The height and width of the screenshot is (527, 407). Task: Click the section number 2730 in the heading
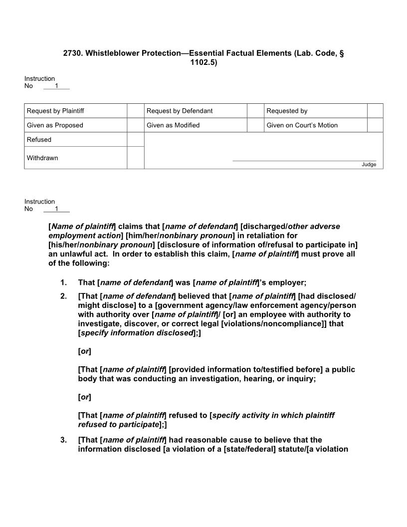73,53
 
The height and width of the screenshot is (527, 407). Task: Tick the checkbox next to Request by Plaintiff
135,111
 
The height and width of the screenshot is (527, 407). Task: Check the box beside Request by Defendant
255,111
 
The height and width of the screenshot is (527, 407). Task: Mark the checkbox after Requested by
375,111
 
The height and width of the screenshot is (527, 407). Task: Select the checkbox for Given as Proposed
135,125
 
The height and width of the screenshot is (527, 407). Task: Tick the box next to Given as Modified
255,125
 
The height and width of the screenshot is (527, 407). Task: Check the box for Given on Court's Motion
375,125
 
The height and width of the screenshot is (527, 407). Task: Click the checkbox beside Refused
135,140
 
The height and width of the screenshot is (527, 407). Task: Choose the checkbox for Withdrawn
135,158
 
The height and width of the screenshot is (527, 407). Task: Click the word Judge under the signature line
369,165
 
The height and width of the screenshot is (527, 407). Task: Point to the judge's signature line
304,161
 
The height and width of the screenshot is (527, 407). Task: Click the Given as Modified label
173,125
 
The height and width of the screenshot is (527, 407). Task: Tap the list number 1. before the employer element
63,283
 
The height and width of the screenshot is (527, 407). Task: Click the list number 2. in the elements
63,296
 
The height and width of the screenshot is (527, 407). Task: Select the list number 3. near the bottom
63,440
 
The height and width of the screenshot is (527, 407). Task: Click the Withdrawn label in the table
42,158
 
